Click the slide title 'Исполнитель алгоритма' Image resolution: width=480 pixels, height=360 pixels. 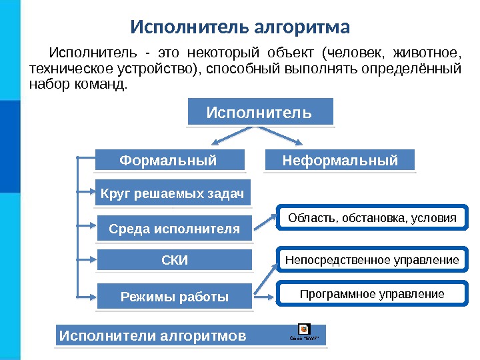click(x=239, y=28)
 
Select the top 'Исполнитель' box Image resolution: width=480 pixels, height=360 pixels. click(x=259, y=112)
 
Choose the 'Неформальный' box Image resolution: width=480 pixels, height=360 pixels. click(x=340, y=161)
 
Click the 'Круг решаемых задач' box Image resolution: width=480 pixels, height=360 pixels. click(x=173, y=194)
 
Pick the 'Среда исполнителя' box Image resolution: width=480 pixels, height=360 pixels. click(x=174, y=229)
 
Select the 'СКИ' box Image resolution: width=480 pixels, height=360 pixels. click(x=175, y=260)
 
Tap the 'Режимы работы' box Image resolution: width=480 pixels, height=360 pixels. click(x=175, y=297)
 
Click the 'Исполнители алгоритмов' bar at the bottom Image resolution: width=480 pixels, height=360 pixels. click(x=153, y=335)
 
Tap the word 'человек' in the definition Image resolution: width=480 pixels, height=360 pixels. click(x=355, y=52)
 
